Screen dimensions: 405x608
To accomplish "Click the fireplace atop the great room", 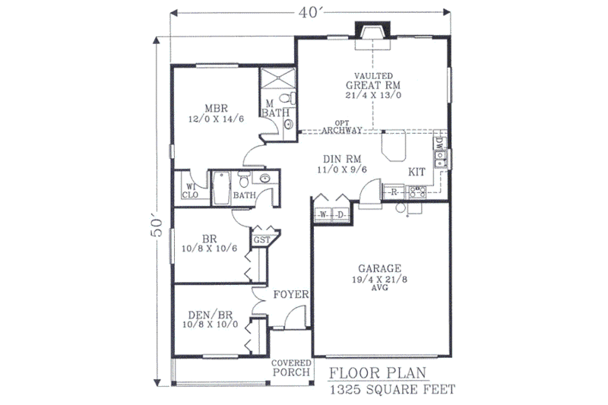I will point(373,33).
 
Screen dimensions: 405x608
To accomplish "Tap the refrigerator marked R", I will point(395,192).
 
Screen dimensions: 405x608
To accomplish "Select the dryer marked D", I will point(341,215).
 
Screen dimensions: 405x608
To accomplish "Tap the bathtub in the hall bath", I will point(221,186).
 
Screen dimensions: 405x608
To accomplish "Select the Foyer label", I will point(290,294).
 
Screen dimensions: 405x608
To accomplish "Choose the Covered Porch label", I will point(291,367).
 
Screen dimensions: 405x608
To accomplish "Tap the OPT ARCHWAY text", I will point(341,127).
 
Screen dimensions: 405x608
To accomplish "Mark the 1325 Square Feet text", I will point(392,391).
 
